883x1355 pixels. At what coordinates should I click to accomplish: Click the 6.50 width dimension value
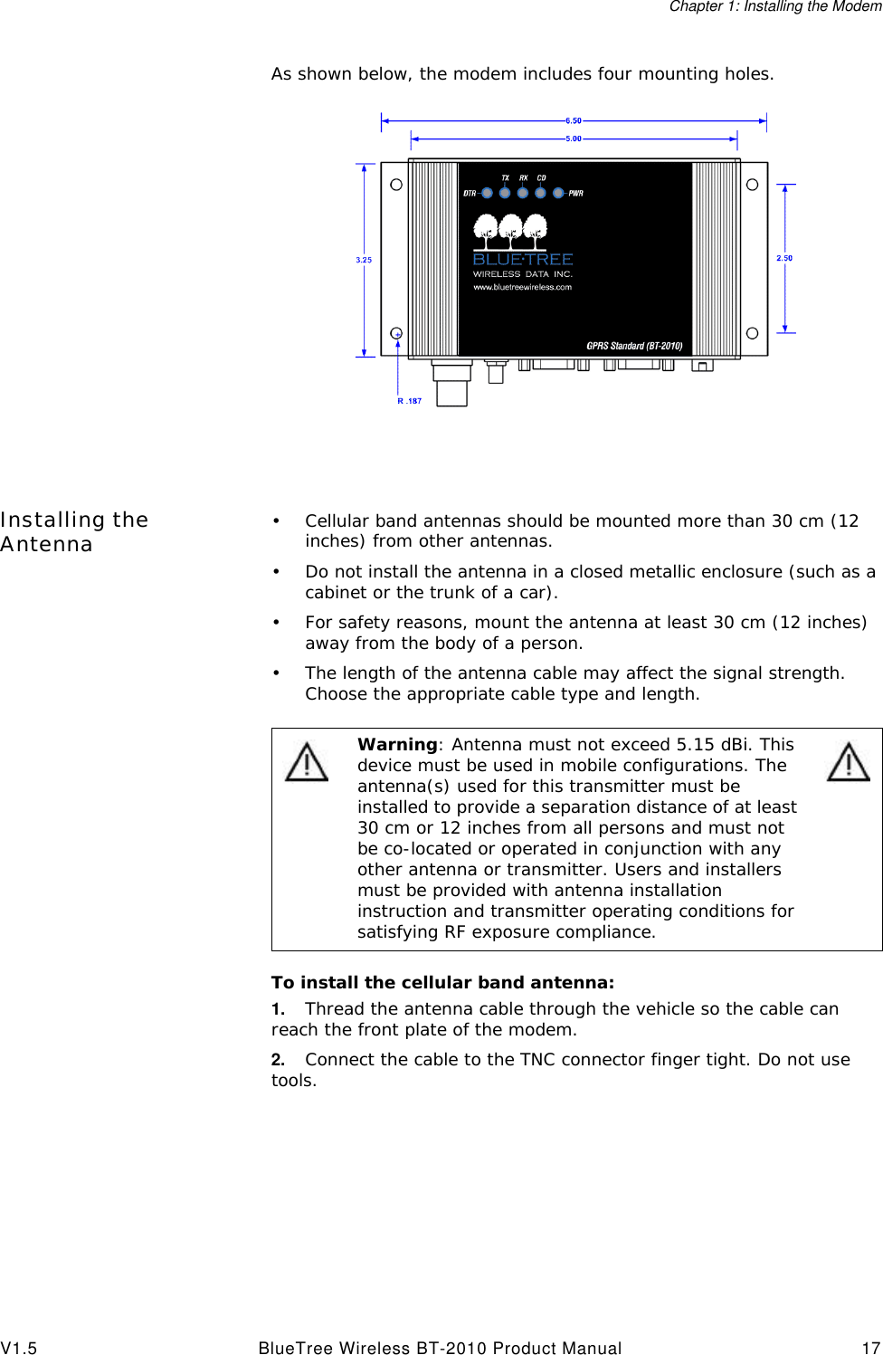pos(574,120)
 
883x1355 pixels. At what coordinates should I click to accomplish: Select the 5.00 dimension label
pos(574,138)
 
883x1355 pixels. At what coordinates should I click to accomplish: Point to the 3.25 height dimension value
pos(364,260)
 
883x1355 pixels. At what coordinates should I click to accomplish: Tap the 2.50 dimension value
pos(784,258)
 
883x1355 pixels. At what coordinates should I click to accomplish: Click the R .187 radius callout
pos(410,401)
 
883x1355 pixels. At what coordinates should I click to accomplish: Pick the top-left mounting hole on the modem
pos(396,185)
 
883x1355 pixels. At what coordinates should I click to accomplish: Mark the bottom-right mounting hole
pos(752,333)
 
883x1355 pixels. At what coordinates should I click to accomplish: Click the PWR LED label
pos(576,193)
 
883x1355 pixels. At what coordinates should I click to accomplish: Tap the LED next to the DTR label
pos(488,193)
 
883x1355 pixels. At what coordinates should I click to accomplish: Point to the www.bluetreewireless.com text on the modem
pos(523,287)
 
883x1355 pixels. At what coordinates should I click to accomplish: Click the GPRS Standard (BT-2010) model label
pos(634,346)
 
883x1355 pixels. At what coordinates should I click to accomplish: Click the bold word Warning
pos(397,744)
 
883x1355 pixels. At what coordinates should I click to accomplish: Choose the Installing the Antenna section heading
pos(74,531)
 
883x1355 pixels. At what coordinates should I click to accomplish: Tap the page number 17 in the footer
pos(870,1348)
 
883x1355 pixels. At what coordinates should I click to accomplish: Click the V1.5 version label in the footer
pos(19,1348)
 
